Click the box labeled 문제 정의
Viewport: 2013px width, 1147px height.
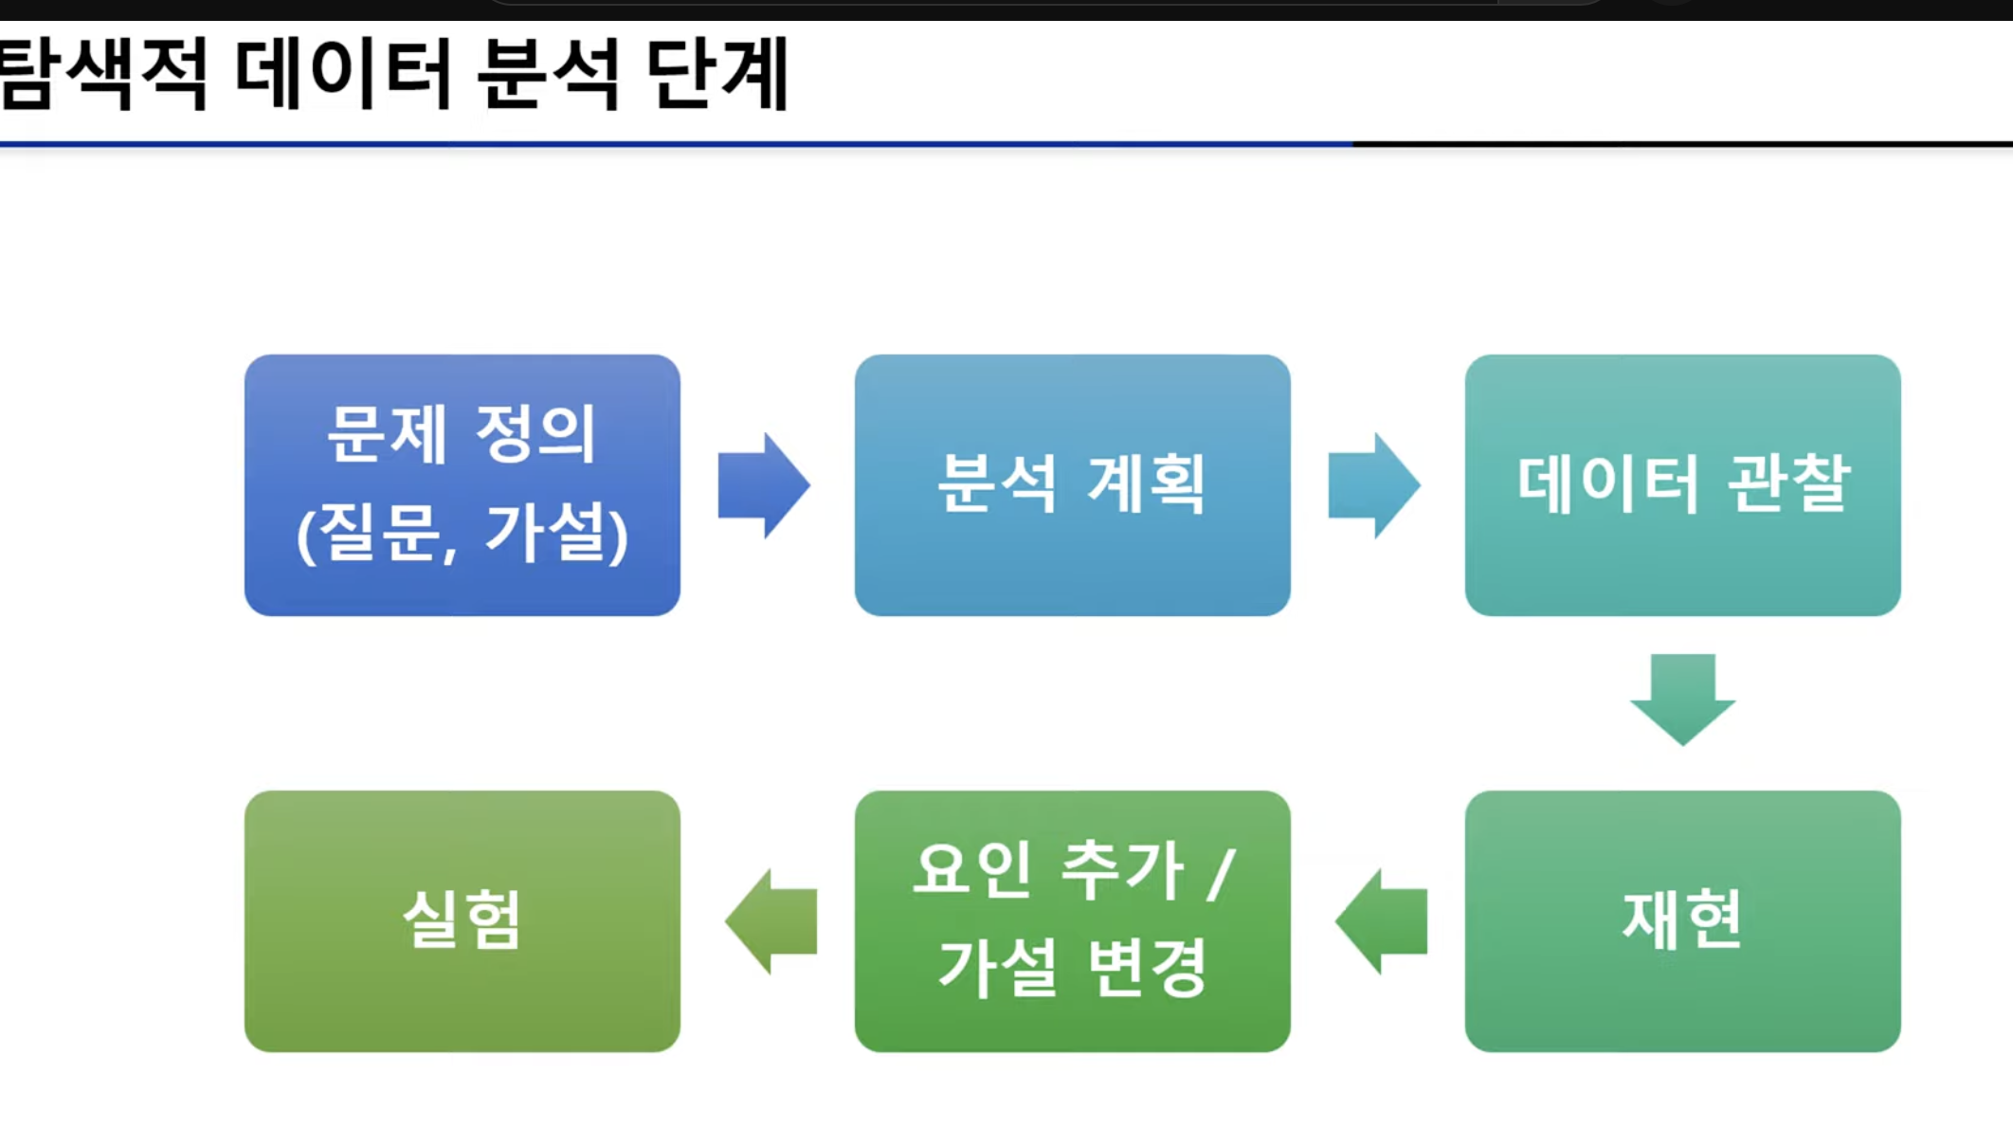(462, 484)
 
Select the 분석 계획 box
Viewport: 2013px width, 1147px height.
(1072, 484)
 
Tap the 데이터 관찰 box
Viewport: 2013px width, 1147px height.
(1682, 484)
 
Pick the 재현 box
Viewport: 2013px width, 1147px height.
(1682, 920)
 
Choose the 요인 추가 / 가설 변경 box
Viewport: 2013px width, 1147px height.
(1072, 920)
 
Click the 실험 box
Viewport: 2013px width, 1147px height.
(462, 920)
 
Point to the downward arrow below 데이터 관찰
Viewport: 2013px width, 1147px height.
(1682, 699)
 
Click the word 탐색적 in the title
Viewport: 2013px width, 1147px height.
(102, 74)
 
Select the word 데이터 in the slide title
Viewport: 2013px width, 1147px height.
(343, 74)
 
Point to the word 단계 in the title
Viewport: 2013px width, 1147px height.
(717, 74)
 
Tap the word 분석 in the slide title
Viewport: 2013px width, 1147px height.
(549, 74)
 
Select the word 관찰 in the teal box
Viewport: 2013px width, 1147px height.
(1788, 483)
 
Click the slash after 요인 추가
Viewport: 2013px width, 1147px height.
(1222, 872)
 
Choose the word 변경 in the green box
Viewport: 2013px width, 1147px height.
(1148, 967)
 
